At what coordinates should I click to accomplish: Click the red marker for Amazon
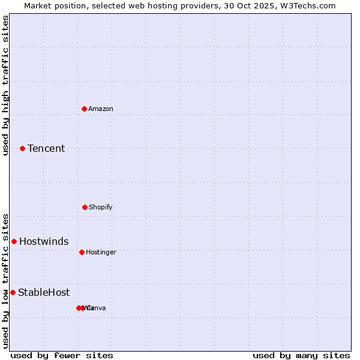(85, 109)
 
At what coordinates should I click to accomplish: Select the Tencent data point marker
(22, 148)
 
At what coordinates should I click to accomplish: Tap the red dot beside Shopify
(85, 207)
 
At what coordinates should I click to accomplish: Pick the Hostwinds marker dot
(14, 241)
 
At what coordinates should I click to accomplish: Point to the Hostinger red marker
(82, 252)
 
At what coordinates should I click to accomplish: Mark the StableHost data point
(13, 292)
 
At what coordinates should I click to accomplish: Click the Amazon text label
(101, 109)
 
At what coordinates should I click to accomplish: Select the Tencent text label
(46, 148)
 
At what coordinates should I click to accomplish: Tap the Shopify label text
(101, 207)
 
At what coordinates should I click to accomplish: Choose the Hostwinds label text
(44, 241)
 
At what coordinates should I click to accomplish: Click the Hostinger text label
(101, 252)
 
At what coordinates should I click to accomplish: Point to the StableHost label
(44, 292)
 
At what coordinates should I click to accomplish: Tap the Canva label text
(96, 308)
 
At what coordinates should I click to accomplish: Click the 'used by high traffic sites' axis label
(5, 85)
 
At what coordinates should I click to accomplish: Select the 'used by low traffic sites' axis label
(5, 281)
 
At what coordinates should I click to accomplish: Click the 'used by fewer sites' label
(62, 355)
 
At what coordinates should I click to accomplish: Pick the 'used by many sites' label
(301, 355)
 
